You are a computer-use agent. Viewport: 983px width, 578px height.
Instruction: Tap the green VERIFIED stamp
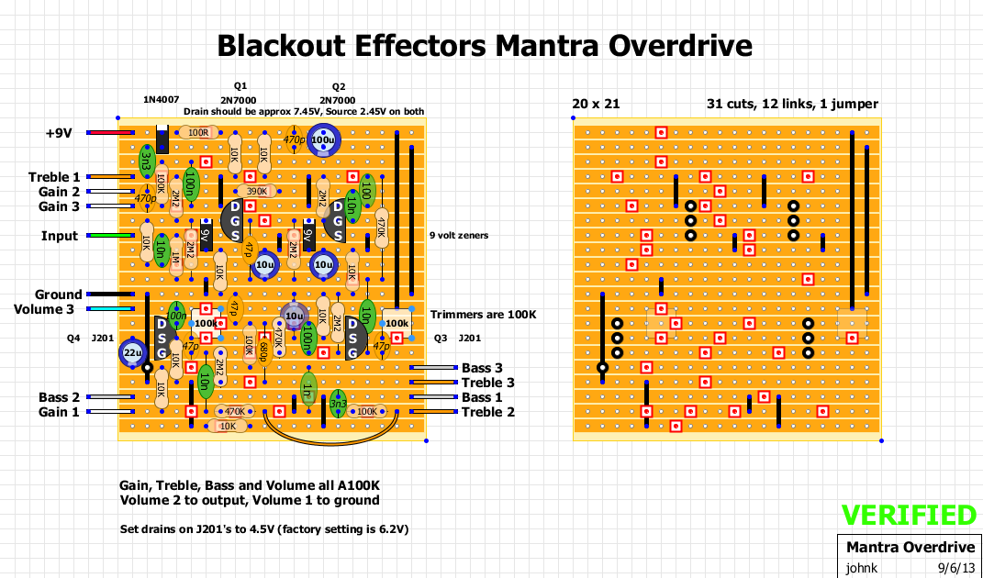coord(909,516)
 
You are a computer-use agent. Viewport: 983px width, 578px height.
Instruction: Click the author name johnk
coord(862,567)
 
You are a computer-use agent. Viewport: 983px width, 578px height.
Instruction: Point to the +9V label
coord(58,133)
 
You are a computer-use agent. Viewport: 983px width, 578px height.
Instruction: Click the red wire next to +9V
coord(109,133)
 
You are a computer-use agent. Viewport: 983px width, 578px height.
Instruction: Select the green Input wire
coord(109,236)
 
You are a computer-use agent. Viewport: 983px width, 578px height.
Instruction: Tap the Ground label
coord(58,295)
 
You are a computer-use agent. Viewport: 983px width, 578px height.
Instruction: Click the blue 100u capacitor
coord(324,139)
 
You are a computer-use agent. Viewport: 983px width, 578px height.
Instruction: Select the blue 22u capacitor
coord(132,352)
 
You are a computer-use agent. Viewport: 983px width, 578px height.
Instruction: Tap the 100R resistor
coord(198,133)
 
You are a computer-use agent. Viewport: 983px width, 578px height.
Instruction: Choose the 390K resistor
coord(258,192)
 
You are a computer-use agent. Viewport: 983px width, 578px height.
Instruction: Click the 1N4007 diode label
coord(162,99)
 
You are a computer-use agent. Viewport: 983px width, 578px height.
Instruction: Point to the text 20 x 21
coord(596,104)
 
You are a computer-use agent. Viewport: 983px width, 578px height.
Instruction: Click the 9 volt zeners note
coord(459,236)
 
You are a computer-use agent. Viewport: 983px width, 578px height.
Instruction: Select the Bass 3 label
coord(482,368)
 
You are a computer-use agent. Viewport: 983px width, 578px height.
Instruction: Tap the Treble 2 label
coord(488,412)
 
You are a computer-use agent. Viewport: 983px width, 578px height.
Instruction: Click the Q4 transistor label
coord(74,338)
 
